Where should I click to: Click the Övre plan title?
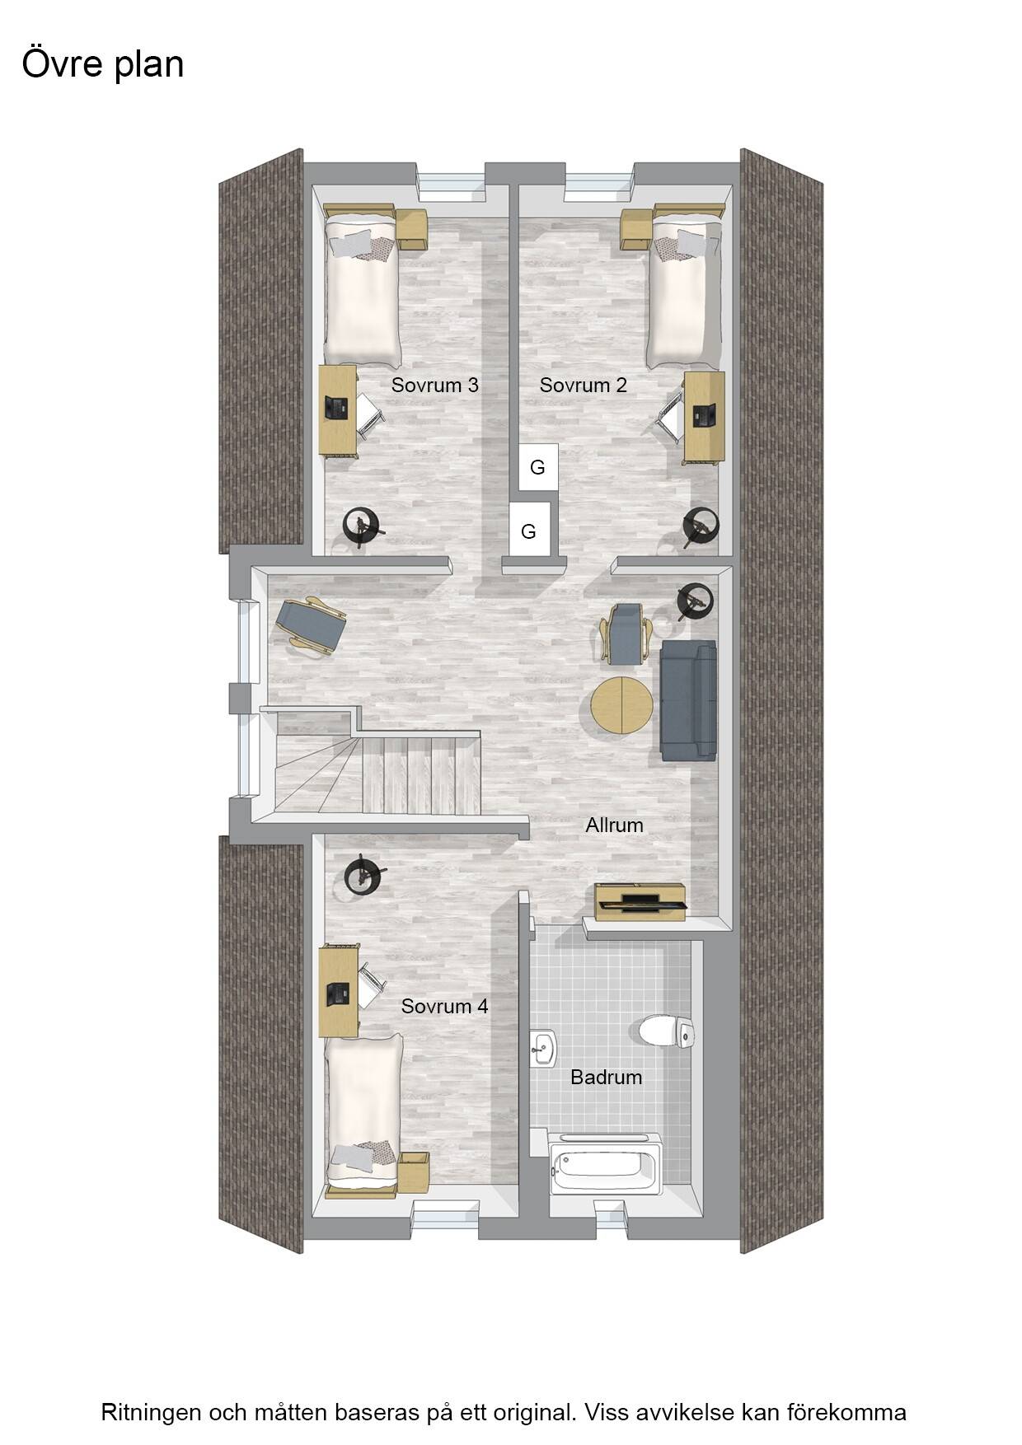[x=103, y=64]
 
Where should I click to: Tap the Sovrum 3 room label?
[x=434, y=385]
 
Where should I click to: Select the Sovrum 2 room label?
[x=583, y=385]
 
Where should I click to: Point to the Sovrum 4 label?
[x=444, y=1006]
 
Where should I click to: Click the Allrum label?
[x=614, y=825]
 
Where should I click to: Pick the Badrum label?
[x=606, y=1077]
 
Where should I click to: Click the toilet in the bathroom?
[x=667, y=1031]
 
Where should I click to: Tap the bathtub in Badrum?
[x=605, y=1164]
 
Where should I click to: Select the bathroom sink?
[x=543, y=1049]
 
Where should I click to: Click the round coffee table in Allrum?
[x=621, y=704]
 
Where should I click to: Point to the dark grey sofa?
[x=688, y=700]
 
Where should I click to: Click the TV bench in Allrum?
[x=640, y=902]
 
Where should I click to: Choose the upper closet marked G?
[x=538, y=467]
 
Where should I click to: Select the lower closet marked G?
[x=529, y=531]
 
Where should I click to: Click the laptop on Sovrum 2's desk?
[x=703, y=414]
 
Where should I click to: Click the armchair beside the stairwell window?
[x=311, y=625]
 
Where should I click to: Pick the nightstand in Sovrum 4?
[x=413, y=1172]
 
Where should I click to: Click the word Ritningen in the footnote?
[x=151, y=1412]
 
